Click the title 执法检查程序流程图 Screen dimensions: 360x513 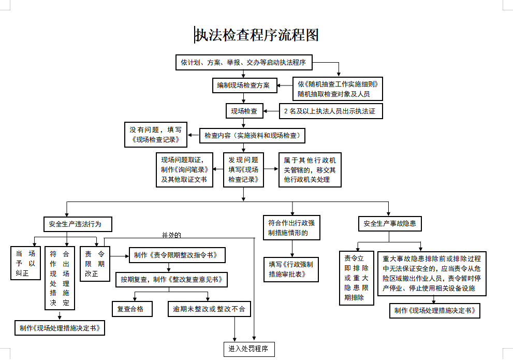[257, 35]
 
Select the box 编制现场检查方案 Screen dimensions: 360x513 [243, 86]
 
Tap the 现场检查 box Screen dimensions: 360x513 [244, 111]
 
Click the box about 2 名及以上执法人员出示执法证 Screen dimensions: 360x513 [330, 111]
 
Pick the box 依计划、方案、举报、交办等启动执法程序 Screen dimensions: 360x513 [243, 63]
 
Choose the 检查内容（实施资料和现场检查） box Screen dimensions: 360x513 [252, 136]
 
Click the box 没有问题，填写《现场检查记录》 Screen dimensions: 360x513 [156, 135]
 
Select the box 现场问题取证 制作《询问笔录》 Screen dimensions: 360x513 [184, 170]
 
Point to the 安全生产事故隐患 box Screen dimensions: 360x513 [389, 224]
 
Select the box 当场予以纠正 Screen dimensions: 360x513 [25, 263]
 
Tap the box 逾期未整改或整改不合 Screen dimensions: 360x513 [209, 309]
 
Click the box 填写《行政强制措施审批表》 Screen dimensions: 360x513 [291, 269]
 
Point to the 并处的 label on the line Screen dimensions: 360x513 [171, 235]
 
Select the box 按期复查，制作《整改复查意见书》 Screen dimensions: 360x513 [171, 280]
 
